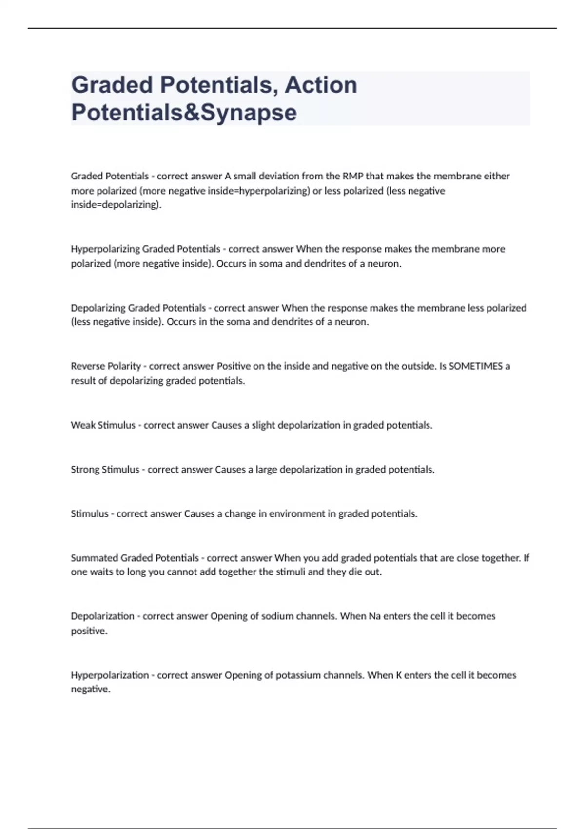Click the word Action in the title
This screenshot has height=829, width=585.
pos(321,85)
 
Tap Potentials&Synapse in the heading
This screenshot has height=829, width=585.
pos(184,112)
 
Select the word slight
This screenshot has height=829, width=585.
pos(263,425)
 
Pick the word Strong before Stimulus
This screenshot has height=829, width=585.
pos(85,470)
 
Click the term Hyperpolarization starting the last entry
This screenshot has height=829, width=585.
pos(110,675)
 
